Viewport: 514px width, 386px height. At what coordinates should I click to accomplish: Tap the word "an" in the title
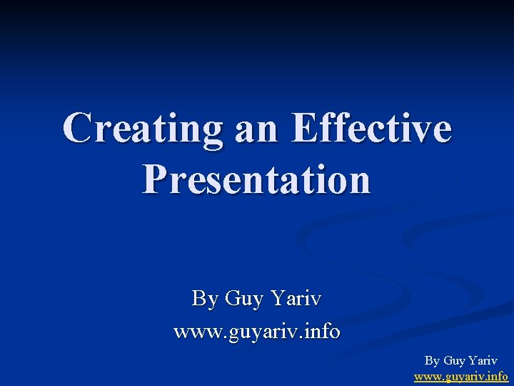pyautogui.click(x=250, y=129)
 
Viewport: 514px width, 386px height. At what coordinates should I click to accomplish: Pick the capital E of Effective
pyautogui.click(x=305, y=129)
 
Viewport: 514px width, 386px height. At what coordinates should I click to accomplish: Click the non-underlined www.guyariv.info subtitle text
pyautogui.click(x=257, y=332)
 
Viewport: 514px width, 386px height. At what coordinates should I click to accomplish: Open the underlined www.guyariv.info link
pyautogui.click(x=460, y=375)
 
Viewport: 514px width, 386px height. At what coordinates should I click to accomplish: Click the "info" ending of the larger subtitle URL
pyautogui.click(x=322, y=332)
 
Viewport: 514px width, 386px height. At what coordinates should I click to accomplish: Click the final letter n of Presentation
pyautogui.click(x=359, y=180)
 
